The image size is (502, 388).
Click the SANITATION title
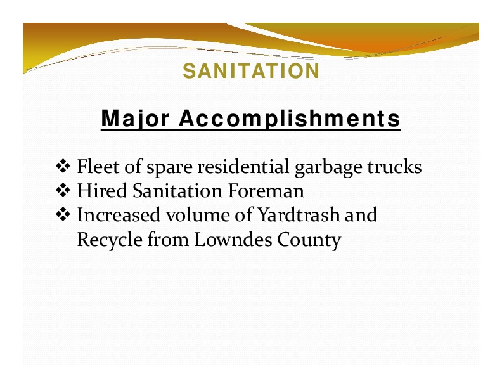[251, 71]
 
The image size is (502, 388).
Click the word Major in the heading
[135, 119]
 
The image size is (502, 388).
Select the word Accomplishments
[290, 119]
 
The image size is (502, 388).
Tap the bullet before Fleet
[63, 167]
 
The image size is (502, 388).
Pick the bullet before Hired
[63, 190]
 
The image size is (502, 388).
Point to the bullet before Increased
[63, 214]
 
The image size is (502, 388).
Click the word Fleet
[98, 167]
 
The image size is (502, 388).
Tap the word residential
[243, 167]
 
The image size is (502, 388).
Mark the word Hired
[102, 190]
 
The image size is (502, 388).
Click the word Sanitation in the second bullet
[177, 190]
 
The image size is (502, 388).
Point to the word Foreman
[266, 190]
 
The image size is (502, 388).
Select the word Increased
[119, 214]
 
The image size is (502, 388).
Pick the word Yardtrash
[299, 214]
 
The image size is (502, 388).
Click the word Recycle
[110, 240]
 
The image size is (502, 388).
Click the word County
[309, 240]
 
